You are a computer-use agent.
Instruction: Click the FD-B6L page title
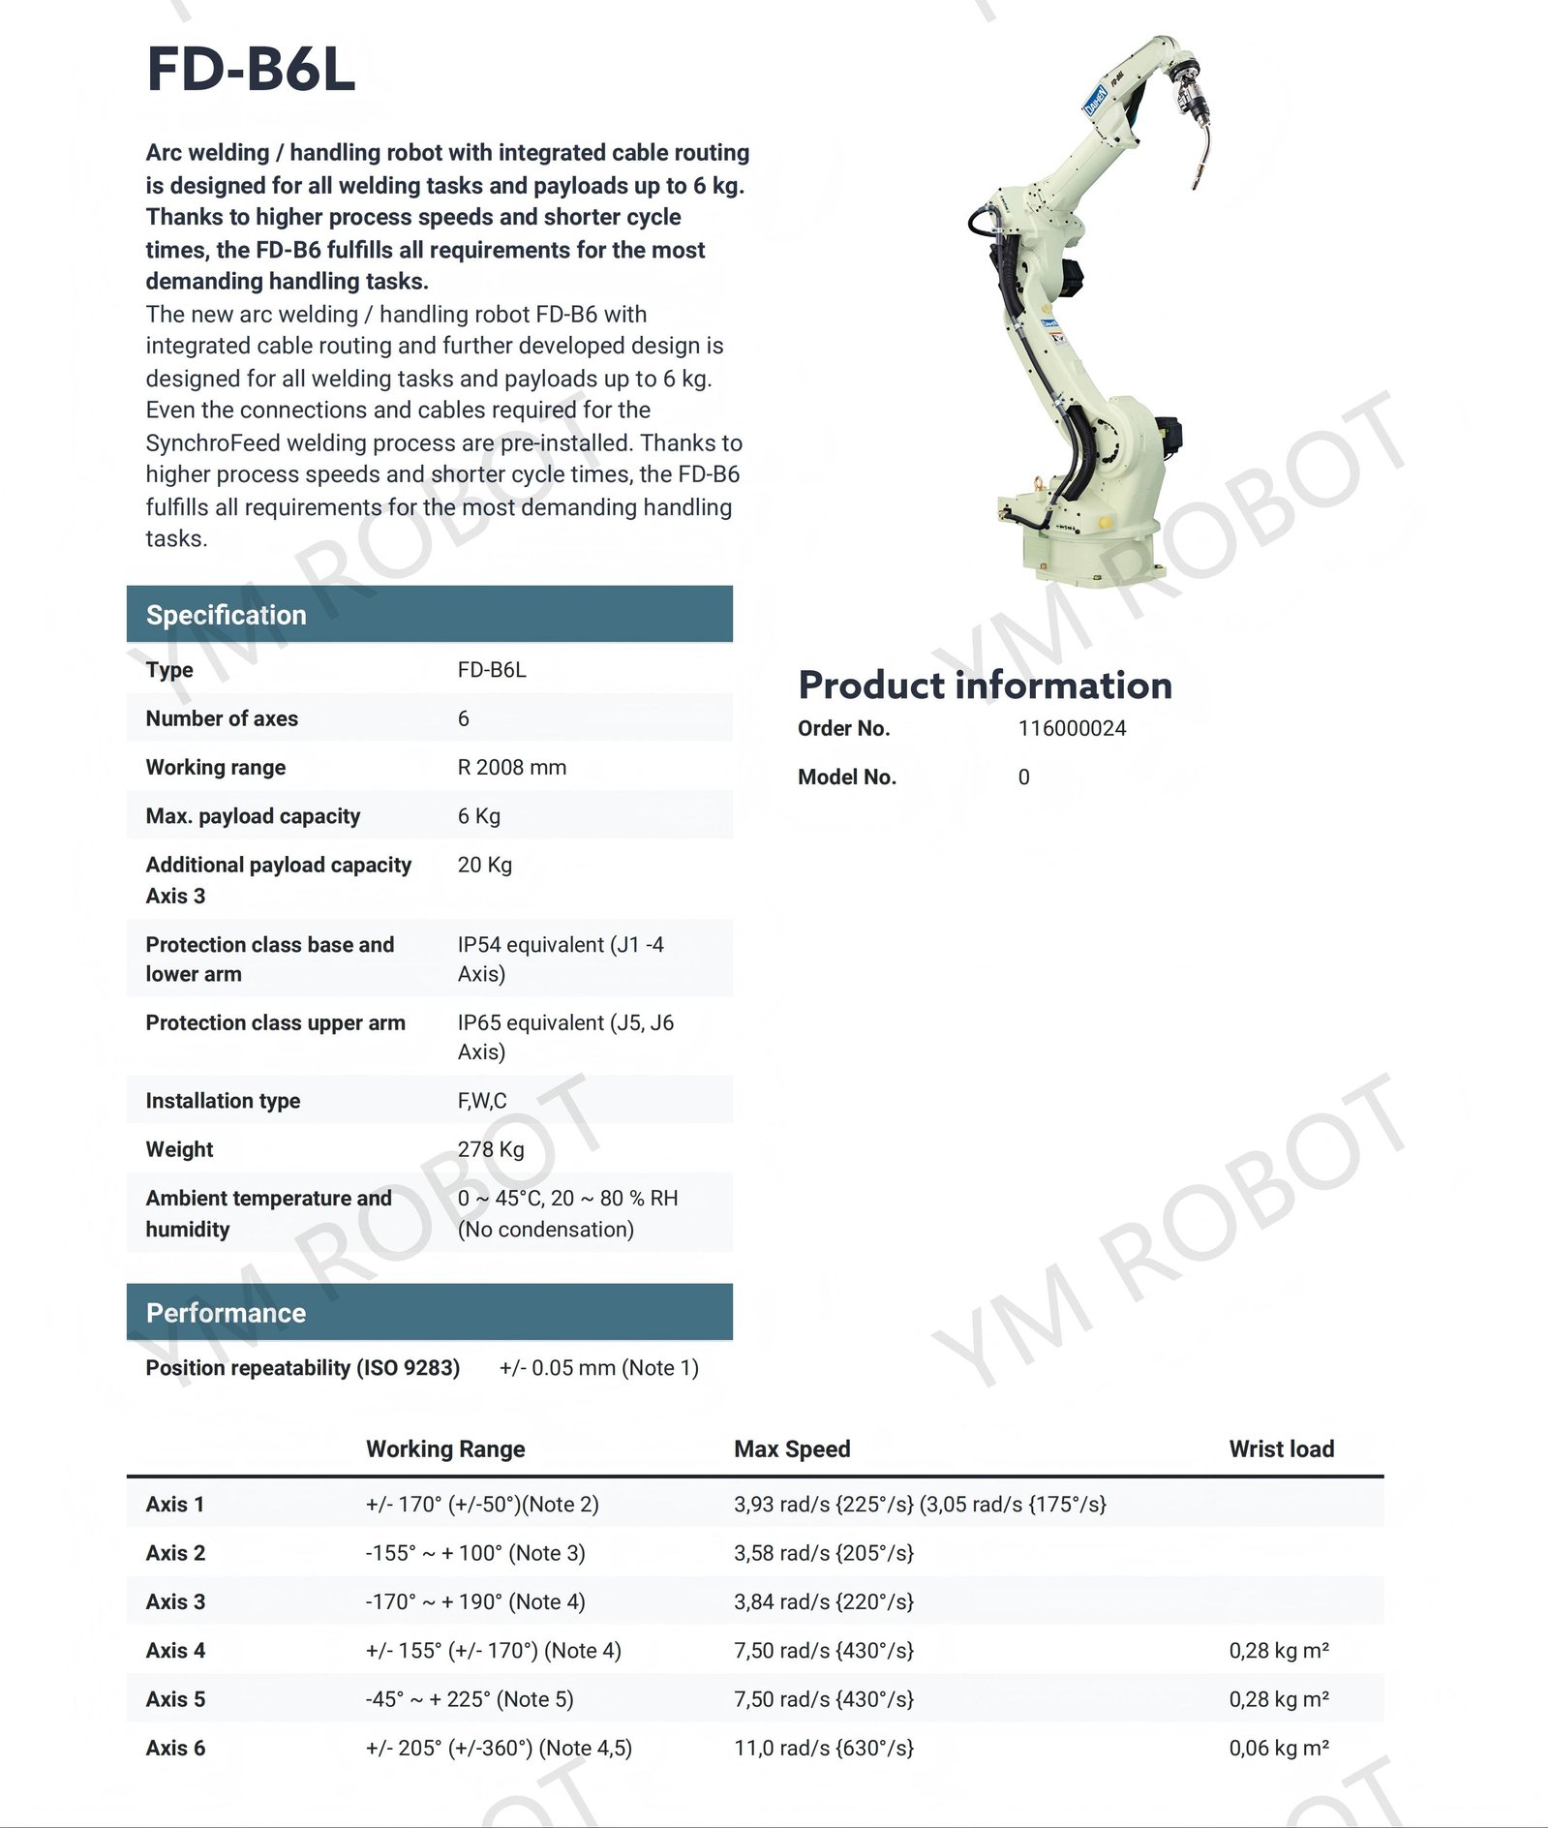[x=251, y=70]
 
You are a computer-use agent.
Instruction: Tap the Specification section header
[x=226, y=615]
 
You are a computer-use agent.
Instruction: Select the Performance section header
[x=226, y=1313]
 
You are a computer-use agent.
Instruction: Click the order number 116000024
[x=1072, y=728]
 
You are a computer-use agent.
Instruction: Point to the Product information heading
[x=985, y=685]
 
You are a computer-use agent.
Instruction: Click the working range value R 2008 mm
[x=511, y=767]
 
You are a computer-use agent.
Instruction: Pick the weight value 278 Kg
[x=490, y=1149]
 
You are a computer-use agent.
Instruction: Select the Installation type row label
[x=223, y=1101]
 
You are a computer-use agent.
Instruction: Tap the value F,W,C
[x=481, y=1101]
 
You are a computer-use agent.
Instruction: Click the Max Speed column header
[x=792, y=1448]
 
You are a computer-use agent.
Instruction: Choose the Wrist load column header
[x=1281, y=1448]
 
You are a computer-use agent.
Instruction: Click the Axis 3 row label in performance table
[x=175, y=1601]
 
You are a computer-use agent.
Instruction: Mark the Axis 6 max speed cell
[x=823, y=1748]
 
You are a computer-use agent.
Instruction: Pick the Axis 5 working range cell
[x=469, y=1699]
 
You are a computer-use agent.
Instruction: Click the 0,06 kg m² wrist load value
[x=1278, y=1748]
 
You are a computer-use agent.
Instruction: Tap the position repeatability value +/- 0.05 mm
[x=598, y=1367]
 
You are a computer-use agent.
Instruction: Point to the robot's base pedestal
[x=1092, y=552]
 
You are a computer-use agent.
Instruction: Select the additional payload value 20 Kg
[x=484, y=865]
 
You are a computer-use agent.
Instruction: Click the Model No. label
[x=846, y=777]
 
